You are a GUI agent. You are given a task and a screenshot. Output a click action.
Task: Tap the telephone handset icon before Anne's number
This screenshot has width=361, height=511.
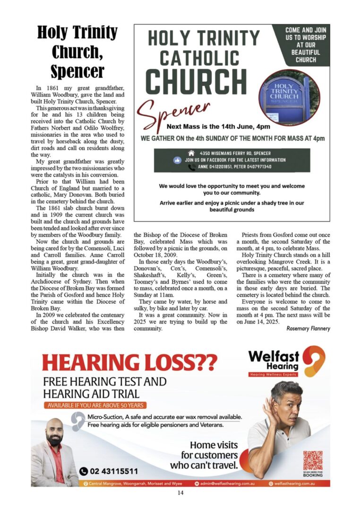coord(191,167)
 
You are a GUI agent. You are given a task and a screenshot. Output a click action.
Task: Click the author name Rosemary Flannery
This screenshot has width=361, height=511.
coord(308,328)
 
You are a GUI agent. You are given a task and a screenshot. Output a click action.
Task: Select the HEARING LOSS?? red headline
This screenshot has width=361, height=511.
coord(129,362)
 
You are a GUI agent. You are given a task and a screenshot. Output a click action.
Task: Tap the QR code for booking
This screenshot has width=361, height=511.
coord(313,460)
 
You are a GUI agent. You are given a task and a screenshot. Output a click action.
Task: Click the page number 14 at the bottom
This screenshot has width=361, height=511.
coord(180,493)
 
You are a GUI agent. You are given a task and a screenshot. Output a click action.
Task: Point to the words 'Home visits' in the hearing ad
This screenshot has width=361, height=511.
coord(214,445)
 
